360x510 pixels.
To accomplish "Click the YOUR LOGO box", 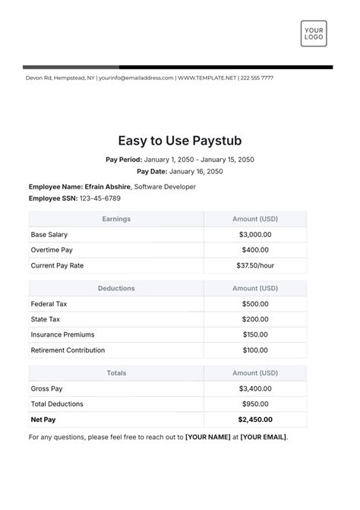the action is (x=314, y=36).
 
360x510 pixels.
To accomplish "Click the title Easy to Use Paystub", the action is (x=180, y=141).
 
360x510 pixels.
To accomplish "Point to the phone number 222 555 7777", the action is (x=257, y=78).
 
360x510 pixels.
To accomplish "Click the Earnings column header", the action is (x=116, y=219).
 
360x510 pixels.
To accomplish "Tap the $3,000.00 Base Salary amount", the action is (x=254, y=234).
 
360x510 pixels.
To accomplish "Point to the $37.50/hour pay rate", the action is (x=254, y=265).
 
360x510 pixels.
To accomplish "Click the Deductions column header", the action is (x=116, y=289).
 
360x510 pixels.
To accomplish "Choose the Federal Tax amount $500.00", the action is (x=254, y=304).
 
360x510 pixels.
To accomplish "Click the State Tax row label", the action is (x=45, y=319).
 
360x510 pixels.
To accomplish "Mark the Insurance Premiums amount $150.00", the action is (x=254, y=334).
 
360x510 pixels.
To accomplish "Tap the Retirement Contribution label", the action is (x=68, y=350).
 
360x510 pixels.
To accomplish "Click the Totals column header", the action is (x=116, y=373).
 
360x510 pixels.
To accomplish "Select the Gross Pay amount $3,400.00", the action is (x=254, y=388).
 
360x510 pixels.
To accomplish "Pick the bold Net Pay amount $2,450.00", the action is (x=254, y=420).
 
